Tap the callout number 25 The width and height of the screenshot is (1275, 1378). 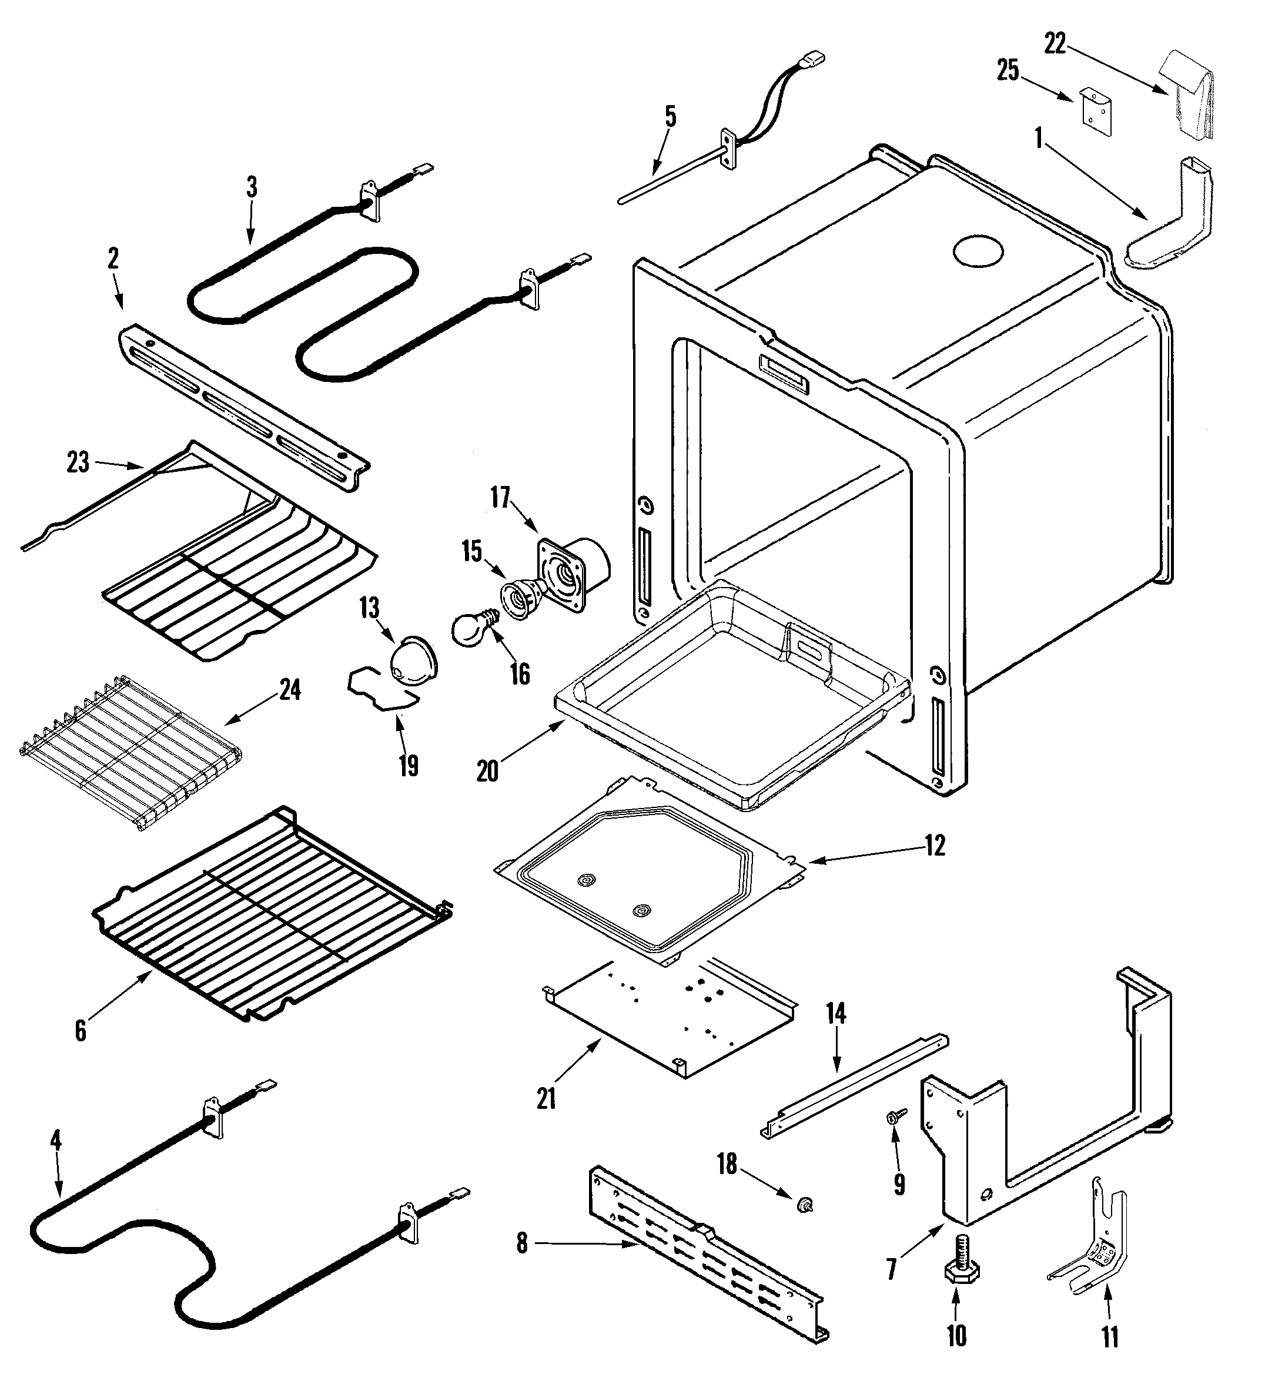pyautogui.click(x=1008, y=71)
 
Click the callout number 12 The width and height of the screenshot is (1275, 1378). pyautogui.click(x=934, y=846)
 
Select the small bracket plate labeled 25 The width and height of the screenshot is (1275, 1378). pyautogui.click(x=1095, y=110)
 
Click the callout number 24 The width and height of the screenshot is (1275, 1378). pyautogui.click(x=290, y=690)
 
